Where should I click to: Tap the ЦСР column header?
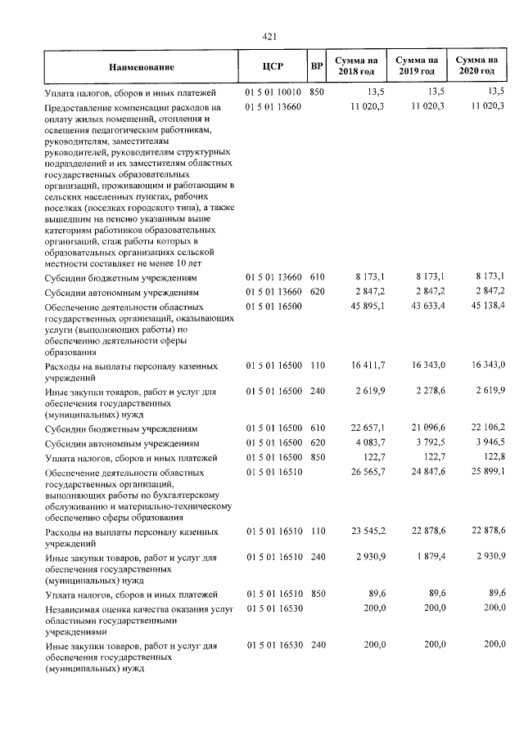(273, 68)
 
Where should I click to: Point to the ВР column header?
(317, 68)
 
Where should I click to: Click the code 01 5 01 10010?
(273, 92)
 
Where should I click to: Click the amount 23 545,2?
(368, 531)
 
